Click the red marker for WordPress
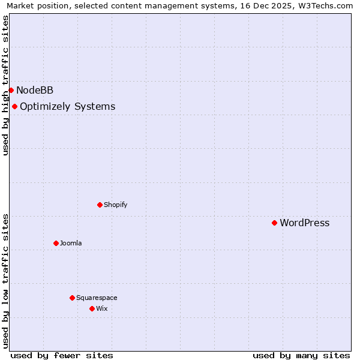(x=274, y=223)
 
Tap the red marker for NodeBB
(x=11, y=90)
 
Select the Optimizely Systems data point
(x=14, y=106)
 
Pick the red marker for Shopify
(x=100, y=205)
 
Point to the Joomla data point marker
(x=56, y=243)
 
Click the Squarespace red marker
(x=72, y=298)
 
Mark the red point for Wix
(x=92, y=308)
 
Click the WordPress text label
(x=304, y=223)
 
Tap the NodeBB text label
(x=35, y=91)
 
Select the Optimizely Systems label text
(x=67, y=107)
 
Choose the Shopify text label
(x=115, y=205)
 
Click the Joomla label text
(x=71, y=243)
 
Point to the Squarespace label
(x=97, y=298)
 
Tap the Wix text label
(x=101, y=308)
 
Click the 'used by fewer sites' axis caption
(x=62, y=355)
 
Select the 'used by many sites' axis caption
(x=301, y=355)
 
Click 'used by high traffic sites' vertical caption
(x=5, y=85)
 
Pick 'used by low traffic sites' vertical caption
(x=5, y=281)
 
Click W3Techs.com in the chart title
(x=328, y=5)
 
